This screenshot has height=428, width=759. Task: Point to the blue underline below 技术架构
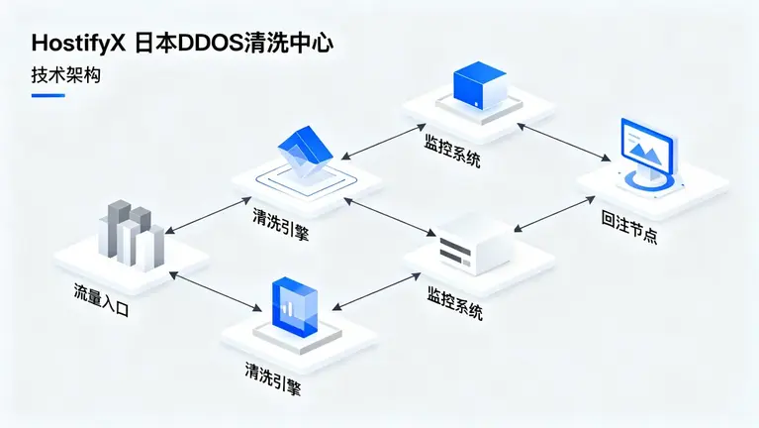tap(48, 95)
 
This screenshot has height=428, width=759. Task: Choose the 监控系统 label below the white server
tap(454, 303)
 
